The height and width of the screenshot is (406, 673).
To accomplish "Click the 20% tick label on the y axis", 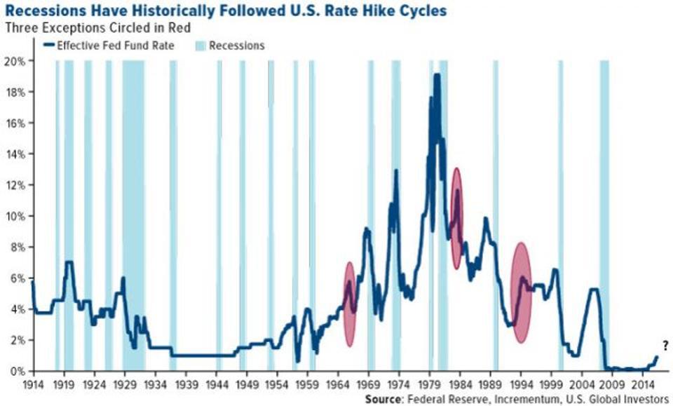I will tap(16, 61).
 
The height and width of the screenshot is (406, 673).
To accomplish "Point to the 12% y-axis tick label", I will tap(16, 185).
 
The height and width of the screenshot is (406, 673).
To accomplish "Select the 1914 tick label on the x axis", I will tap(33, 385).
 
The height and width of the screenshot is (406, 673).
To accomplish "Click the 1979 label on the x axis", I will tap(429, 385).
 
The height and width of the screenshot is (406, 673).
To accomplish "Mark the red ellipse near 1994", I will tap(520, 292).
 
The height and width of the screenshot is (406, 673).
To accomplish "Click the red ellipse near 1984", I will tap(457, 218).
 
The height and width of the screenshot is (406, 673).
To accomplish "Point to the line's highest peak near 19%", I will tap(437, 75).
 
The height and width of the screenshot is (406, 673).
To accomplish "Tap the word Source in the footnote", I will tap(383, 399).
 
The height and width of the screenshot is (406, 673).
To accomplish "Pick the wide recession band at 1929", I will tap(134, 210).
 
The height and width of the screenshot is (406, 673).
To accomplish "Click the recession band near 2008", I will tap(604, 210).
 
